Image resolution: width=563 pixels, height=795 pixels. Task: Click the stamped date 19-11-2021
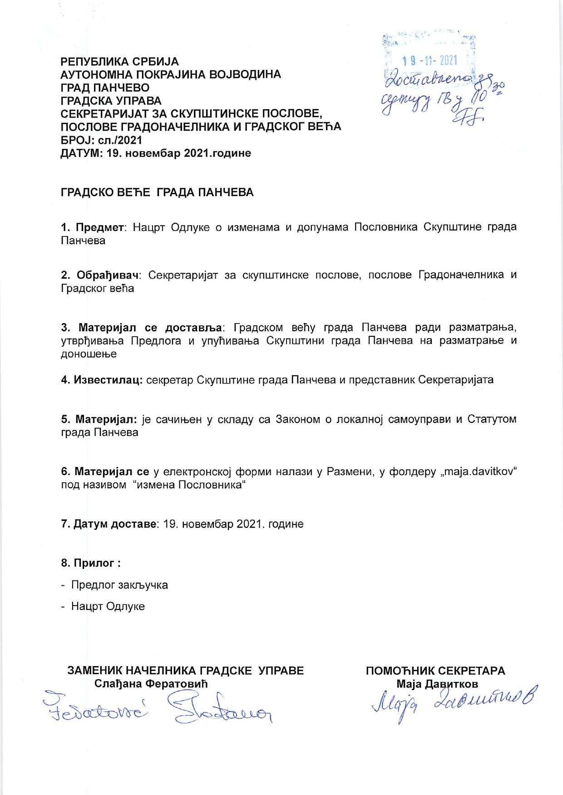point(430,60)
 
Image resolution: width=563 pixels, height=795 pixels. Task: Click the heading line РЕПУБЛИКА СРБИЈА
point(120,62)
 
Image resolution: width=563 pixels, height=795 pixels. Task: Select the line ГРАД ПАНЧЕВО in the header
point(105,88)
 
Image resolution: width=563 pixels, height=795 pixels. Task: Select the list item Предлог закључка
point(119,585)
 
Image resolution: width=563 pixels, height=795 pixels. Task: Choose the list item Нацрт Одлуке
point(108,606)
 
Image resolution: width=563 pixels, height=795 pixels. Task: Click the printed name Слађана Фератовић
point(151,684)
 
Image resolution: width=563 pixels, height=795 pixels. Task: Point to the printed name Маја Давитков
point(437,684)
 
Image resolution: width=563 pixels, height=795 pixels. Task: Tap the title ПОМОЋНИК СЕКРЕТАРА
point(435,671)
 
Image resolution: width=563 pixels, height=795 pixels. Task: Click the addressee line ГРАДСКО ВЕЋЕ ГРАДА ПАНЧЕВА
point(157,192)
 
